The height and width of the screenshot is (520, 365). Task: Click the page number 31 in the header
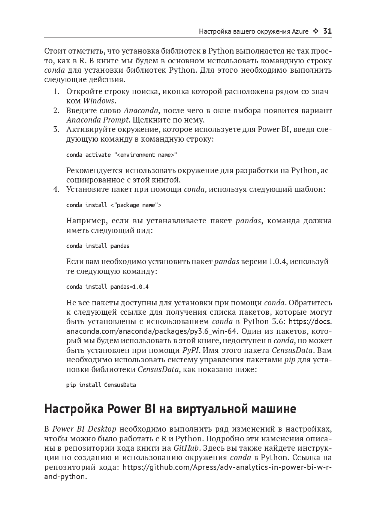tap(327, 31)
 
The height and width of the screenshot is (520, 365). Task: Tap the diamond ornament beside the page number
tap(316, 31)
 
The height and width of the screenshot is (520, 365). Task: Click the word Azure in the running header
tap(300, 31)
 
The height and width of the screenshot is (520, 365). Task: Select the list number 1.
tap(56, 91)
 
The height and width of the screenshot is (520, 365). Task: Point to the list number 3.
tap(56, 130)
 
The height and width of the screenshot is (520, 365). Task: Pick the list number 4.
tap(56, 189)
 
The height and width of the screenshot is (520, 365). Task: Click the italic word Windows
tap(99, 101)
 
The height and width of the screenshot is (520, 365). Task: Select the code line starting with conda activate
tap(121, 155)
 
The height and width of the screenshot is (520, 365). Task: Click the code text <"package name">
tap(136, 205)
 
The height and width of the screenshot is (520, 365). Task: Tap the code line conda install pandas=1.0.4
tap(107, 287)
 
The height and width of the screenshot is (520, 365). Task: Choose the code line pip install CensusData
tap(101, 385)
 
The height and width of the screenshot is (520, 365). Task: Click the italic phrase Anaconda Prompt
tap(97, 120)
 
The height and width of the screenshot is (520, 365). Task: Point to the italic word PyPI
tap(191, 350)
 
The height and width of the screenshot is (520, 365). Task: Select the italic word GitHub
tap(186, 448)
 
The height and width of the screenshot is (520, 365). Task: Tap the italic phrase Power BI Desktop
tap(84, 429)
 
